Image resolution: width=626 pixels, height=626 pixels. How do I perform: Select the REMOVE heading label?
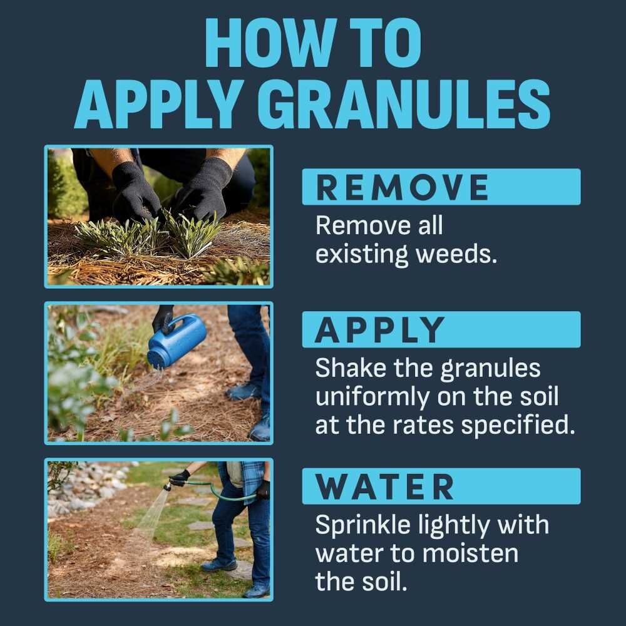(403, 187)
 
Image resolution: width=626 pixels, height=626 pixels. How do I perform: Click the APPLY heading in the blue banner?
(379, 329)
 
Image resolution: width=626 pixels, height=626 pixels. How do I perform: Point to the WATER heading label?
(384, 486)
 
